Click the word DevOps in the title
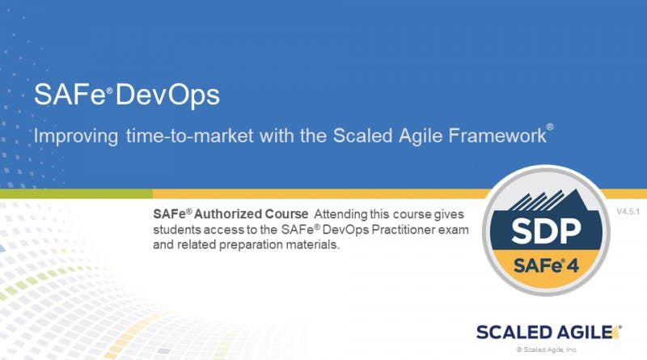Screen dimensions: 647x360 click(167, 95)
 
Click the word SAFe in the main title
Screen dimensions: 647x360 click(70, 95)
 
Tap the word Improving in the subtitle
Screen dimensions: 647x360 click(76, 136)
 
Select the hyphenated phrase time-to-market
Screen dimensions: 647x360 click(190, 136)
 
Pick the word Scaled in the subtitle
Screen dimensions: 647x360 click(362, 135)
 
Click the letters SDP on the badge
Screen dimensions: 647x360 click(546, 231)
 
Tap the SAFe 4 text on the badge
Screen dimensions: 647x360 click(547, 265)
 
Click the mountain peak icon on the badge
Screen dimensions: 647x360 click(547, 201)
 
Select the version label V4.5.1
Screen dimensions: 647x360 click(628, 212)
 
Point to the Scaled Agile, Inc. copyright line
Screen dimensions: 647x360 click(547, 349)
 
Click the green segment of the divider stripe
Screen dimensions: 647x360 click(76, 193)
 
